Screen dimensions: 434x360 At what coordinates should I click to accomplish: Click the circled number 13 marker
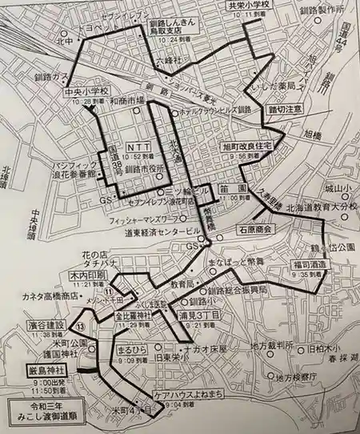[79, 325]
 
